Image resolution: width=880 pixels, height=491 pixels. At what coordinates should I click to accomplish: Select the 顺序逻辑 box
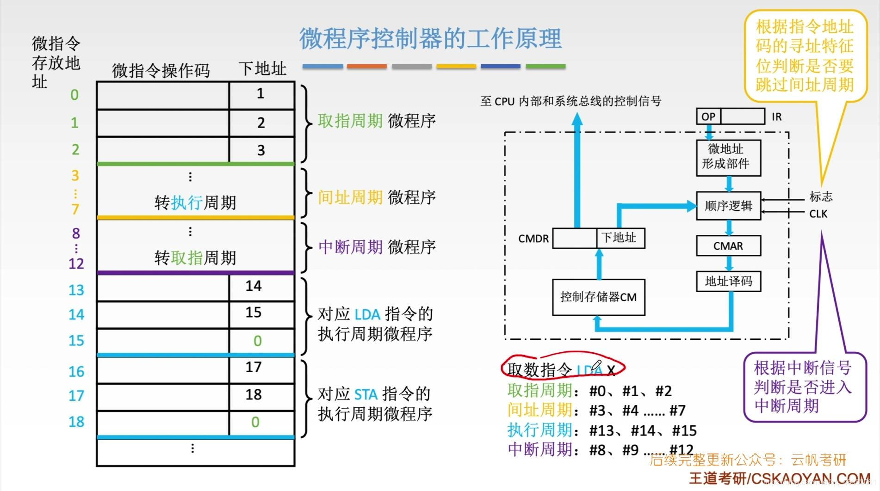pyautogui.click(x=728, y=206)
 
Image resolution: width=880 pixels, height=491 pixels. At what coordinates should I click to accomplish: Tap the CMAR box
pyautogui.click(x=728, y=246)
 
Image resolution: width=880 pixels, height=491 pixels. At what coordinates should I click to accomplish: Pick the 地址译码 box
pyautogui.click(x=728, y=281)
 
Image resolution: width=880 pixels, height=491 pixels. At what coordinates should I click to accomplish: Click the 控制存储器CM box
pyautogui.click(x=598, y=297)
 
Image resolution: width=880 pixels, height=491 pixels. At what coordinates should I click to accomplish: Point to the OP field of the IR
pyautogui.click(x=708, y=117)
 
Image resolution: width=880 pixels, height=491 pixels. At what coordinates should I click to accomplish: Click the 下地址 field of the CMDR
pyautogui.click(x=620, y=238)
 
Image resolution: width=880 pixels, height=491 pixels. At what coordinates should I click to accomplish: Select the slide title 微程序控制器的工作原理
pyautogui.click(x=430, y=38)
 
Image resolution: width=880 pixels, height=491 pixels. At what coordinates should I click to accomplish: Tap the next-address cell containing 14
pyautogui.click(x=261, y=287)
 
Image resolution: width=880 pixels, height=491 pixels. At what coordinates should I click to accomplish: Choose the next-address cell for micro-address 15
pyautogui.click(x=261, y=341)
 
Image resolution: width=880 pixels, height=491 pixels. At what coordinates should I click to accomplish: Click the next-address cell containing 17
pyautogui.click(x=261, y=368)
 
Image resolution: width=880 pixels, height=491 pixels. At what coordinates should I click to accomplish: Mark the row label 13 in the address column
pyautogui.click(x=76, y=290)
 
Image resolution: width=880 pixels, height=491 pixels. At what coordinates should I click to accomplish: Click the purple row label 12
pyautogui.click(x=76, y=264)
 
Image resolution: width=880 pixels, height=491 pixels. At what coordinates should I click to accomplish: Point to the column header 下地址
pyautogui.click(x=262, y=69)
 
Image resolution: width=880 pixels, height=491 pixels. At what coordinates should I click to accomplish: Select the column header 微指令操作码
pyautogui.click(x=161, y=71)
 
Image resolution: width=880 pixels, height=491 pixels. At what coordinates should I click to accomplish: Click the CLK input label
pyautogui.click(x=818, y=214)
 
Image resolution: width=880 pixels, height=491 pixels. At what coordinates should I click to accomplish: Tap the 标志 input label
pyautogui.click(x=821, y=197)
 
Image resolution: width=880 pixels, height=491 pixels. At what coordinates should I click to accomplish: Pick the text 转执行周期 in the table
pyautogui.click(x=195, y=203)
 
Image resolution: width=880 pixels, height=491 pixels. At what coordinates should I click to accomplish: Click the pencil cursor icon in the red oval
pyautogui.click(x=596, y=367)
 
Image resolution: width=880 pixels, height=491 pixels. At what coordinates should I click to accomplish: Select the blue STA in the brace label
pyautogui.click(x=366, y=394)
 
